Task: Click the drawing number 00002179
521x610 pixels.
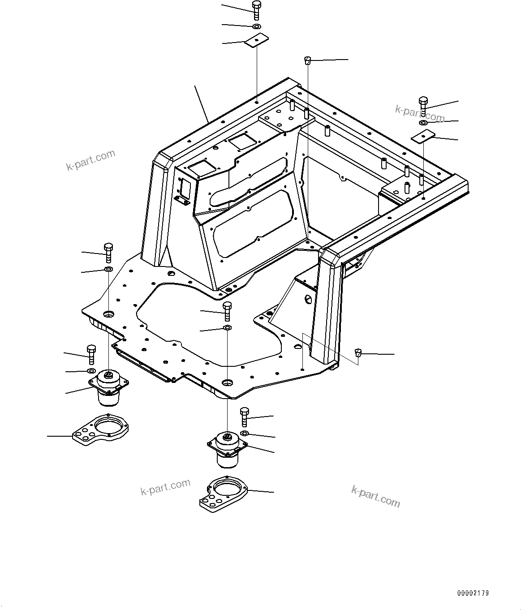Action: tap(473, 593)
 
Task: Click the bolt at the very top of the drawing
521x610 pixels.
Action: tap(256, 9)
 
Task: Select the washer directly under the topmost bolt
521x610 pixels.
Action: tap(256, 27)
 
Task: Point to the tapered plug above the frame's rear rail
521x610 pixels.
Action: tap(308, 60)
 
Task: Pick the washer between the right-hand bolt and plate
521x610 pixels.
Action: tap(423, 122)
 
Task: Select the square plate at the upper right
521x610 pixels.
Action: tap(424, 136)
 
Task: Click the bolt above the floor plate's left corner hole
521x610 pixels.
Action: tap(108, 253)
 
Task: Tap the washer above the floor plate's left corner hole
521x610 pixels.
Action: tap(108, 269)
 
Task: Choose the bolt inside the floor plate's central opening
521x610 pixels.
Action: tap(227, 310)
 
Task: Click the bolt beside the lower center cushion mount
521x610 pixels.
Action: tap(245, 417)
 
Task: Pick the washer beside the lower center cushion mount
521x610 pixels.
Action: tap(245, 433)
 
